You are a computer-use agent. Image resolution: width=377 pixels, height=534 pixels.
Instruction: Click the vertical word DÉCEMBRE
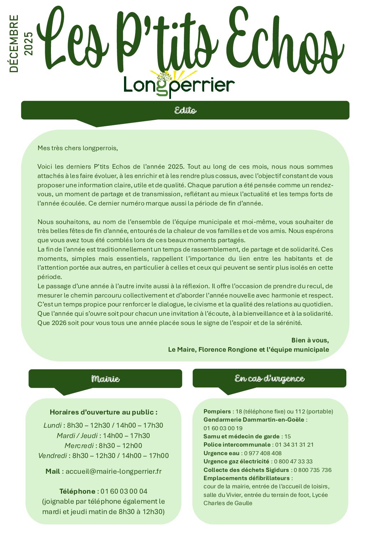14,44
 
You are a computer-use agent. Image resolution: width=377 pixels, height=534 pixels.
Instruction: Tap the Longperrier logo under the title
179,85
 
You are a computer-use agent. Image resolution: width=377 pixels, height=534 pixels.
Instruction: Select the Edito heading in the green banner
185,110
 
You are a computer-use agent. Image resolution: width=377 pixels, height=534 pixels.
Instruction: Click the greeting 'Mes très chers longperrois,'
78,148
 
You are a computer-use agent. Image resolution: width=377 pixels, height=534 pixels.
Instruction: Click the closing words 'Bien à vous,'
310,340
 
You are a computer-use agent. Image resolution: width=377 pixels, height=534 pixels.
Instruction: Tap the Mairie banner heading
105,379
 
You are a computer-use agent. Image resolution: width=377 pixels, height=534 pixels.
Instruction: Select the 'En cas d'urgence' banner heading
269,378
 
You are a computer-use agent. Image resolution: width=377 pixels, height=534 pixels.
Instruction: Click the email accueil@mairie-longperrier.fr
113,471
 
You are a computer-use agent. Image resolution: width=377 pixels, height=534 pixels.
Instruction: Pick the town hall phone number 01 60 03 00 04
124,491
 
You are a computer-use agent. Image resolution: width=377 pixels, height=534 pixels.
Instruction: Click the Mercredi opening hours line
103,446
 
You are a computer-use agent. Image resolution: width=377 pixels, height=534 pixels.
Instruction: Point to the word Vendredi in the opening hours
52,456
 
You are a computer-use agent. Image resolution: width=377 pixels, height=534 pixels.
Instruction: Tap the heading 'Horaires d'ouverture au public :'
103,412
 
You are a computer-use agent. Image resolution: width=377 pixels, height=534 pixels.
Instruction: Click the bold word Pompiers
217,411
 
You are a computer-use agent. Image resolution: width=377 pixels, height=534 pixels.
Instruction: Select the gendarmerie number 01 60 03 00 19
223,428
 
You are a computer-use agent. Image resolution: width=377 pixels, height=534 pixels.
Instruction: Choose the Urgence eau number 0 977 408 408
263,453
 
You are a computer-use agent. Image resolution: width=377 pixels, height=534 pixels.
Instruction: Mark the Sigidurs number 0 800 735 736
313,470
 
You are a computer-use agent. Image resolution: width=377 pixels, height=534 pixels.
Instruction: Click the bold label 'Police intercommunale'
237,444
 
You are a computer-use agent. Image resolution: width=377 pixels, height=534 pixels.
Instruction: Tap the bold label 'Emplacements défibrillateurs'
247,478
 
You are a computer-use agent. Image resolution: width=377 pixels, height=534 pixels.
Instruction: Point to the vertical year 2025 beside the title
29,44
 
